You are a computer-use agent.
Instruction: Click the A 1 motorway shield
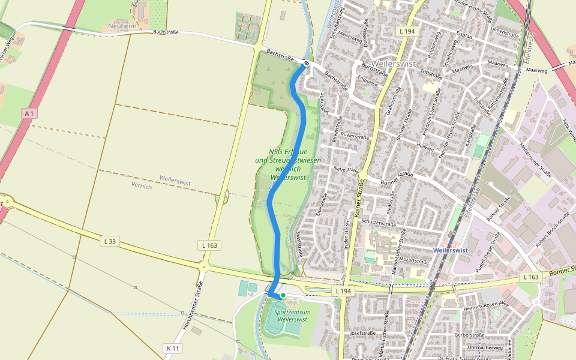pos(28,112)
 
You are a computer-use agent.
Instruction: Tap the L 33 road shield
pos(109,241)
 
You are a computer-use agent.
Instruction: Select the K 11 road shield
pos(172,348)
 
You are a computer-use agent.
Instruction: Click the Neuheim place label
pos(122,26)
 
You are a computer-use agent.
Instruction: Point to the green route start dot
pos(283,295)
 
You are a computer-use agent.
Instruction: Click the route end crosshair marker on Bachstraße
pos(307,63)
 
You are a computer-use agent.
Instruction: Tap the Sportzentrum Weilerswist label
pos(292,316)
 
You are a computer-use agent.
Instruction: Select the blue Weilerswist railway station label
pos(449,250)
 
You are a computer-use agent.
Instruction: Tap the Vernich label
pos(142,186)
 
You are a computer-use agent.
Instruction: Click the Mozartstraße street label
pos(411,262)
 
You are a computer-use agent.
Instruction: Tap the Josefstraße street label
pos(363,332)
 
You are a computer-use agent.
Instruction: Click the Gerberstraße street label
pos(469,334)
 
